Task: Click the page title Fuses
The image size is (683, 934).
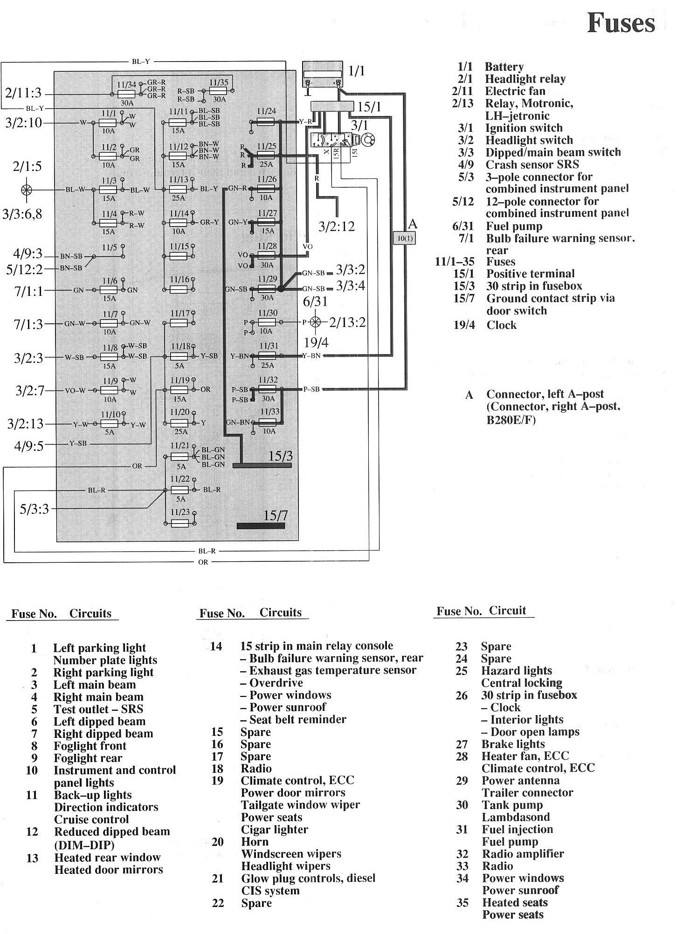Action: coord(621,23)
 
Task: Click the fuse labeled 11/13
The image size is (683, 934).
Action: coord(178,189)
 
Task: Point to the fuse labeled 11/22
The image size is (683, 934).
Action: coord(179,490)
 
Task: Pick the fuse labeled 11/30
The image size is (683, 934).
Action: coord(267,322)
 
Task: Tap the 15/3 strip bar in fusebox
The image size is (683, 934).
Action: coord(262,465)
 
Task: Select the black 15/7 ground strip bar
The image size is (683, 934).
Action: coord(261,526)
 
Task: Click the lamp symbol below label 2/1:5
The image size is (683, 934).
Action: coord(27,190)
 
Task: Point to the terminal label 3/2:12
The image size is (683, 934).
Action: coord(337,227)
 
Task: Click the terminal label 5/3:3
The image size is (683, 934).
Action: coord(34,509)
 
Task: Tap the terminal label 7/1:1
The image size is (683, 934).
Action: coord(28,291)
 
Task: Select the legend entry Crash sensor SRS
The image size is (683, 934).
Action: coord(532,164)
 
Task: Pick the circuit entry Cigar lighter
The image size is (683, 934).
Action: coord(274,829)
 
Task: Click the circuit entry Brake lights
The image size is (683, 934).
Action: coord(513,744)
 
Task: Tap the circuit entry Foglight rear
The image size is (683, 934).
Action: coord(88,758)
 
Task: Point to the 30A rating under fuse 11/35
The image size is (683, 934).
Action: coord(219,99)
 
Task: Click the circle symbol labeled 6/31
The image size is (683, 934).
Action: coord(316,322)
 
